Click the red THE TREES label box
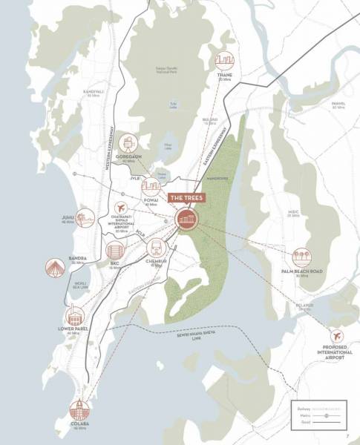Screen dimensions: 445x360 point(187,198)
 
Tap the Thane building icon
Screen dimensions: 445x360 point(225,61)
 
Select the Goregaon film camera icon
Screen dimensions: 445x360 point(130,143)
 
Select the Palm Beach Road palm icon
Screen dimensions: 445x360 point(301,258)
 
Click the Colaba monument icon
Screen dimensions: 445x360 point(79,409)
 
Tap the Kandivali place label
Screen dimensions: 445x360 point(94,90)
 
